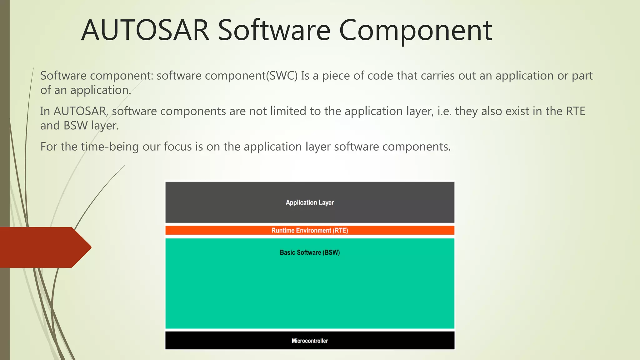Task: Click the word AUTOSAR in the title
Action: (x=145, y=30)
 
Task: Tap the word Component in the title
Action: (x=415, y=30)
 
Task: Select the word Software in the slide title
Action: (x=274, y=30)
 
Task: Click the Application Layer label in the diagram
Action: (x=310, y=202)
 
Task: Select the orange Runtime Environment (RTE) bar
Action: (x=310, y=230)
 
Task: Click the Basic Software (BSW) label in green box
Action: (x=310, y=252)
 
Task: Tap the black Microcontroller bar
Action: (x=310, y=341)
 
